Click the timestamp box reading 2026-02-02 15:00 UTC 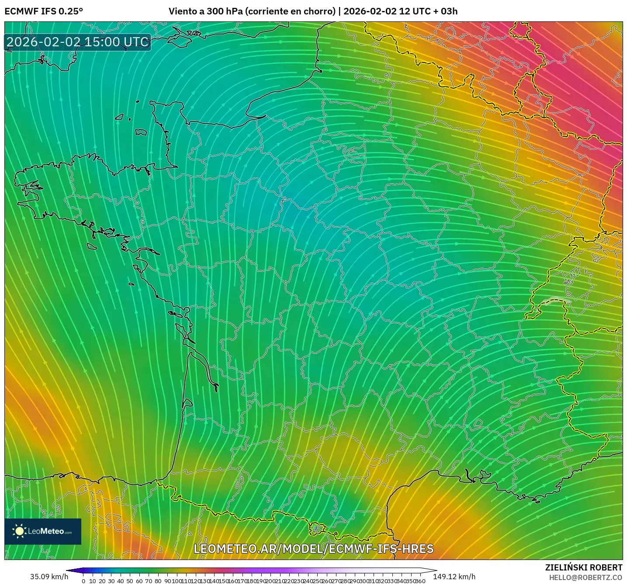(78, 42)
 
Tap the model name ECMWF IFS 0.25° (44, 11)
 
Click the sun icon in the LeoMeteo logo (19, 531)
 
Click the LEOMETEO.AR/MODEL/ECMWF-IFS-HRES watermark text (313, 549)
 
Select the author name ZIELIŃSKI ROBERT (584, 567)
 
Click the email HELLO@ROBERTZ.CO (585, 577)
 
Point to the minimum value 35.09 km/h (49, 577)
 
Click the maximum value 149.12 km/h (454, 577)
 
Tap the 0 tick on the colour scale (83, 581)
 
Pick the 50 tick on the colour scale (130, 581)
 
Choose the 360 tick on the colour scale (420, 581)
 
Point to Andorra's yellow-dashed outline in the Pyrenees (317, 529)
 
